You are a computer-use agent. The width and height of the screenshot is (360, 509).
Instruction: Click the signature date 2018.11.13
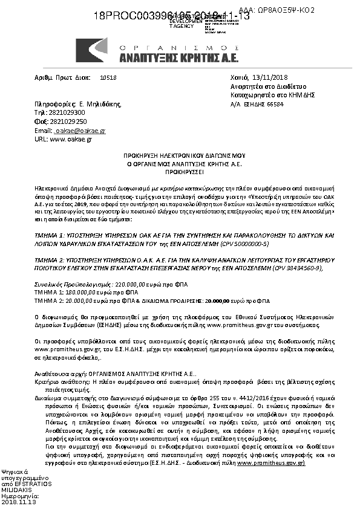19,502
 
